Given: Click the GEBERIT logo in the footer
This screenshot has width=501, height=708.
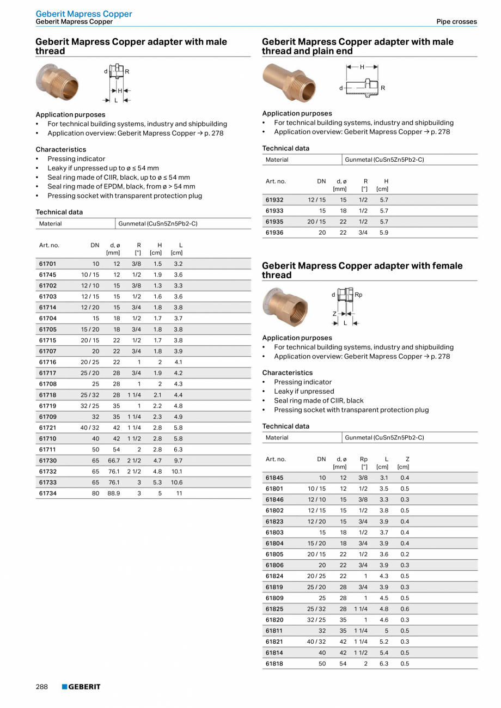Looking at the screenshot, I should (x=81, y=687).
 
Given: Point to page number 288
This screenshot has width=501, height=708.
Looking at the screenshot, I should (x=42, y=687).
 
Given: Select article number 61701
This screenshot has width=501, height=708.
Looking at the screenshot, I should (x=47, y=264).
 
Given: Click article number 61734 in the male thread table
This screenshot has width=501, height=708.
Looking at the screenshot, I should (x=47, y=493).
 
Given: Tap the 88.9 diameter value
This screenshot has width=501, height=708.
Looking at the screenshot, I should (x=113, y=493).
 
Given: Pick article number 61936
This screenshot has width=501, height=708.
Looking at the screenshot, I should (x=274, y=233).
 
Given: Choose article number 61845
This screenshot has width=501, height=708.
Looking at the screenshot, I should (x=274, y=478).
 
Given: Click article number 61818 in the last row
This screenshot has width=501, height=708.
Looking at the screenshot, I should (x=274, y=663).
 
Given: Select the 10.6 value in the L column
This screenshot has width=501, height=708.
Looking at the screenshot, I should (x=176, y=483).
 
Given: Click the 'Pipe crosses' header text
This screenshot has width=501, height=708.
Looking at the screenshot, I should (x=456, y=22).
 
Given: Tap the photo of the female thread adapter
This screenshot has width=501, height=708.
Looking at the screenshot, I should (x=285, y=307).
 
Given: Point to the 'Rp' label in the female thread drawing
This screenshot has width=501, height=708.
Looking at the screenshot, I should (x=358, y=295).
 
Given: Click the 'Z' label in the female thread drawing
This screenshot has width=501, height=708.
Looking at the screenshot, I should (x=334, y=314).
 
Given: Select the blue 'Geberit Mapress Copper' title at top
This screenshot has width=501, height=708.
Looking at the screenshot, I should (x=84, y=14).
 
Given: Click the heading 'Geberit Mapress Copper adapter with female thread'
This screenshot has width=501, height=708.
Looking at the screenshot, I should (x=362, y=270).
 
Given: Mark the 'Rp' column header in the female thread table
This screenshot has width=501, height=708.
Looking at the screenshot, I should (x=364, y=459).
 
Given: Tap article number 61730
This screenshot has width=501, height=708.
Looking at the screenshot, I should (x=47, y=461).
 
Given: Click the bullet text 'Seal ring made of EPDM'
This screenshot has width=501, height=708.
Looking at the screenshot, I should (x=121, y=186).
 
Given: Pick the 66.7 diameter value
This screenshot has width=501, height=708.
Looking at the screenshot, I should (x=113, y=461).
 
